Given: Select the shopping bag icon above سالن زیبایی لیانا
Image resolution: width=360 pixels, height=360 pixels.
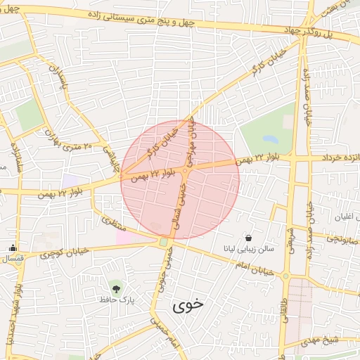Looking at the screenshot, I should pyautogui.click(x=248, y=237).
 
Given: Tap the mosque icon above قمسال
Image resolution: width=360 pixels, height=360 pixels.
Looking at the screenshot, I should pyautogui.click(x=12, y=247).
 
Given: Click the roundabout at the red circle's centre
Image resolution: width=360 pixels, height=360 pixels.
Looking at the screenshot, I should pyautogui.click(x=186, y=169).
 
